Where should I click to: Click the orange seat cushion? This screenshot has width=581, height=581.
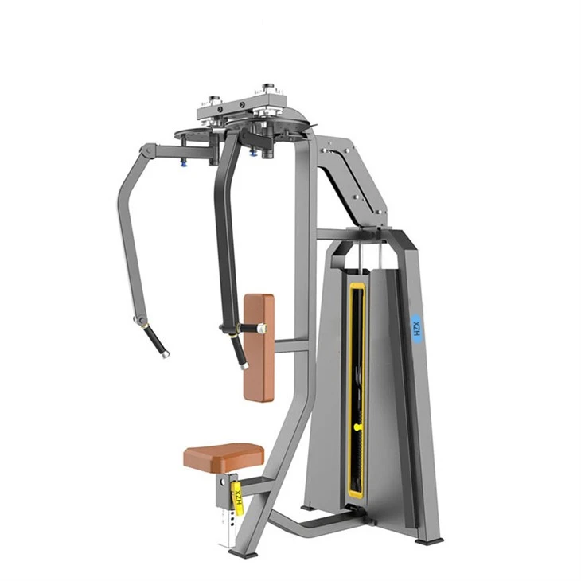(x=224, y=458)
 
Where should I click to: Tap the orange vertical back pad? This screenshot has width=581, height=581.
(x=259, y=348)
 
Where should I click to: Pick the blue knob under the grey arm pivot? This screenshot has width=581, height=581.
(x=183, y=162)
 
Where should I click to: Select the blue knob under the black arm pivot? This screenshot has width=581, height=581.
(x=253, y=152)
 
